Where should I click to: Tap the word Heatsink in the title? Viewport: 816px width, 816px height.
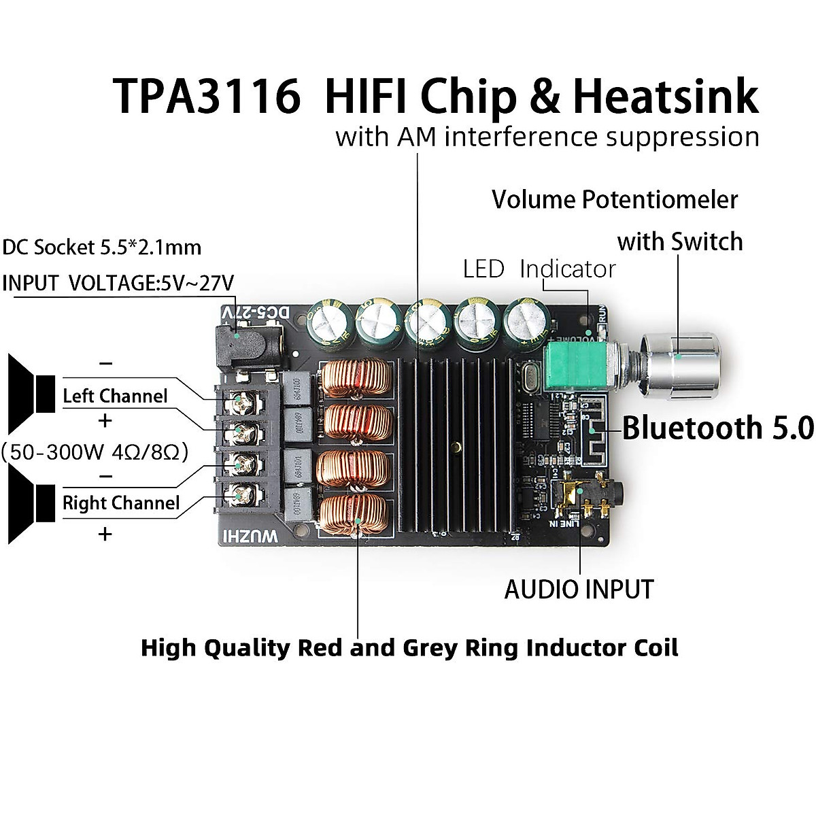pyautogui.click(x=666, y=96)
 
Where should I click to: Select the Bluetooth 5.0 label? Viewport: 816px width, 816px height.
pyautogui.click(x=717, y=428)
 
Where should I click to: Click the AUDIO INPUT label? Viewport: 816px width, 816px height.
pyautogui.click(x=579, y=590)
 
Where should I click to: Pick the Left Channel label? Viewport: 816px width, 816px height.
pyautogui.click(x=115, y=396)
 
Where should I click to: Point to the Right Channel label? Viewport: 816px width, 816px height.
pyautogui.click(x=120, y=503)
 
